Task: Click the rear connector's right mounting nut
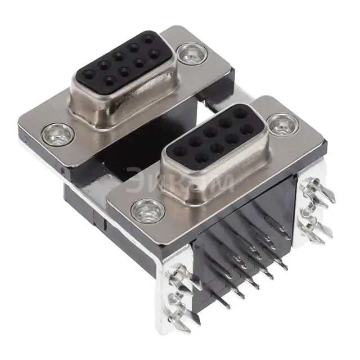coord(191,54)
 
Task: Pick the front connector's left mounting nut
coord(148,211)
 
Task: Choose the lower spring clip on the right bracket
coord(315,228)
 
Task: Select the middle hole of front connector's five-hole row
coord(209,132)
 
